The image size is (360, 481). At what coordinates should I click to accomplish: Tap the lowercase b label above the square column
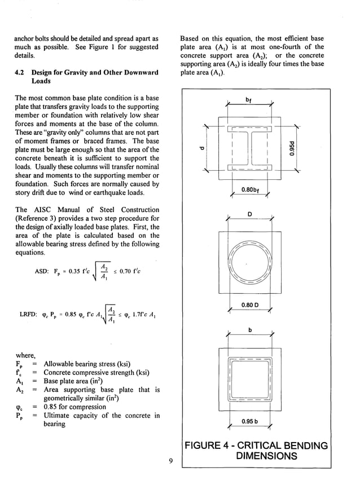click(249, 330)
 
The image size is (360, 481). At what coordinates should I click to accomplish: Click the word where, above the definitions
click(26, 355)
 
